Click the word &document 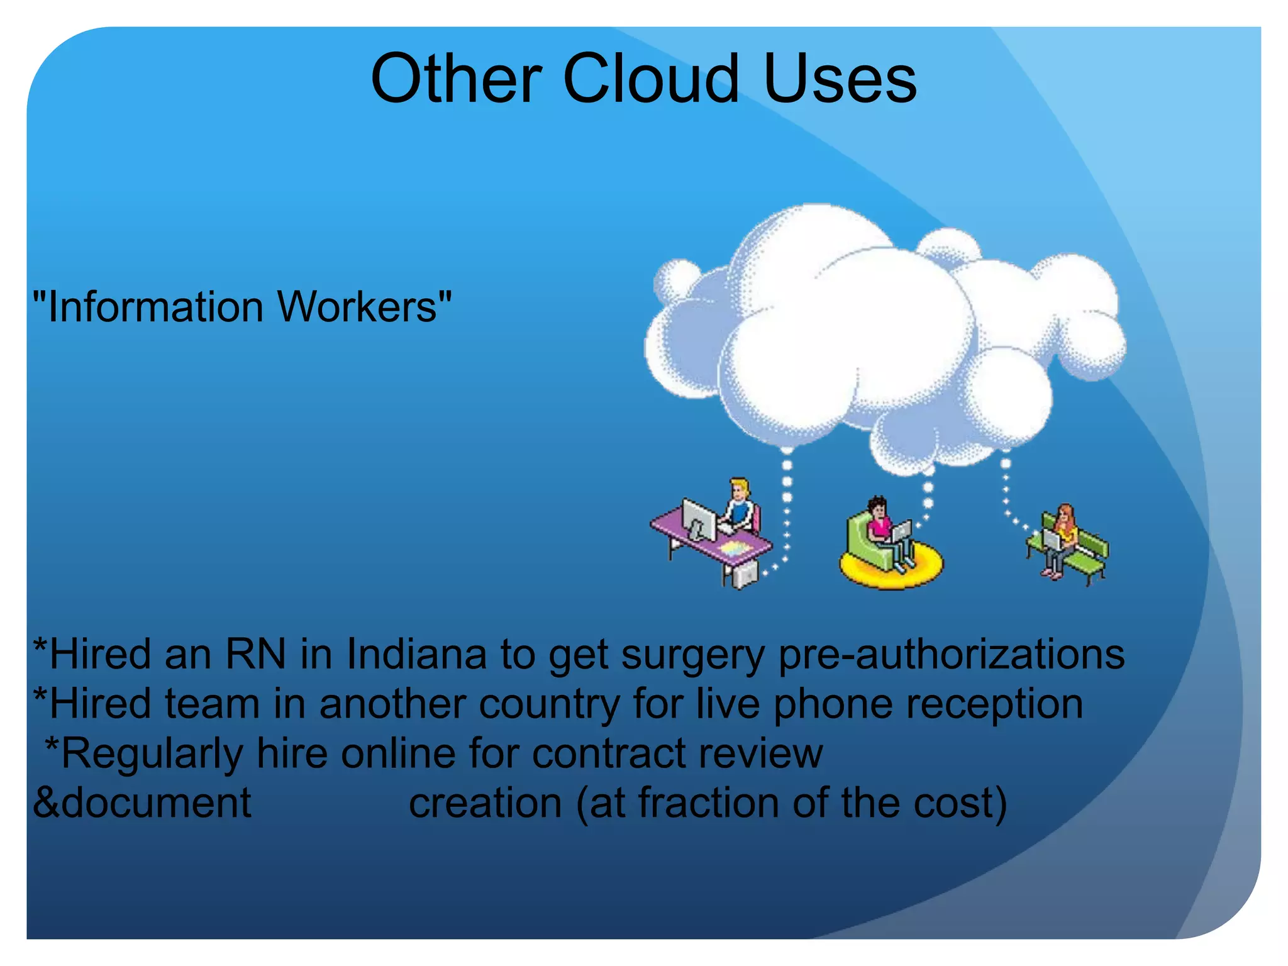point(142,803)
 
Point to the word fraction point(709,803)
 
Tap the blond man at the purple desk point(741,503)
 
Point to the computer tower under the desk point(745,574)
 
